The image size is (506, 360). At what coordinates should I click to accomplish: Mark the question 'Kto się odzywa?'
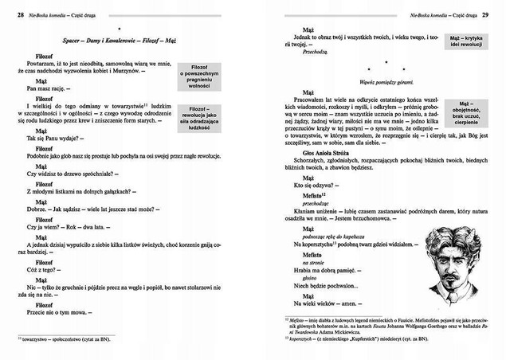[x=308, y=185]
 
